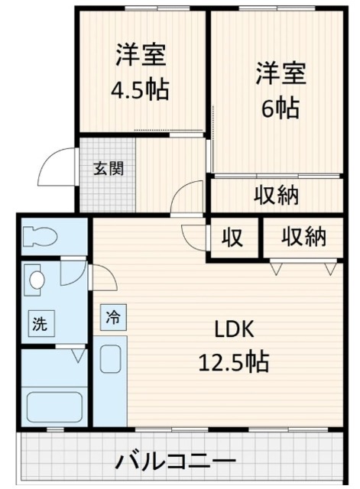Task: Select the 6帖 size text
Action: (x=281, y=108)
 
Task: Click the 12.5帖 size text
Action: (x=233, y=361)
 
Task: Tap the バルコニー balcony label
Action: (x=175, y=462)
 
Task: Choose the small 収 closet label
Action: (x=232, y=238)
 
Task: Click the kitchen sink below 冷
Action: (x=112, y=359)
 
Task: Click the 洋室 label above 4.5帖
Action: (x=141, y=56)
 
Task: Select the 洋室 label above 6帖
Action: (x=281, y=74)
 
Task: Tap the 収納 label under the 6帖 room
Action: (x=276, y=196)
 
